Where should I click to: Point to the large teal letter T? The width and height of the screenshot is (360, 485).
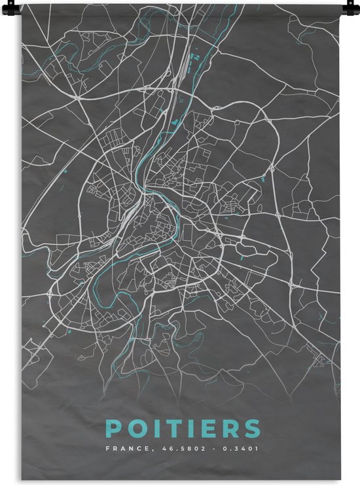pyautogui.click(x=170, y=429)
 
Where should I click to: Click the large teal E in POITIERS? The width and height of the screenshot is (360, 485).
pyautogui.click(x=202, y=429)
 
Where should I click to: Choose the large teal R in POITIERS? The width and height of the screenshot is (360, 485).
pyautogui.click(x=225, y=429)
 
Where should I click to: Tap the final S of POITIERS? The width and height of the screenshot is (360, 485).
pyautogui.click(x=249, y=429)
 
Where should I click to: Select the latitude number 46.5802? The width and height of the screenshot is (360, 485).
pyautogui.click(x=172, y=449)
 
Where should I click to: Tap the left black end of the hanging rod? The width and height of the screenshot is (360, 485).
pyautogui.click(x=21, y=3)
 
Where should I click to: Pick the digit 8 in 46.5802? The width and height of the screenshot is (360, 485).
pyautogui.click(x=177, y=449)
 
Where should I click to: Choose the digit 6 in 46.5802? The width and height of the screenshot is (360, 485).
pyautogui.click(x=160, y=449)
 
